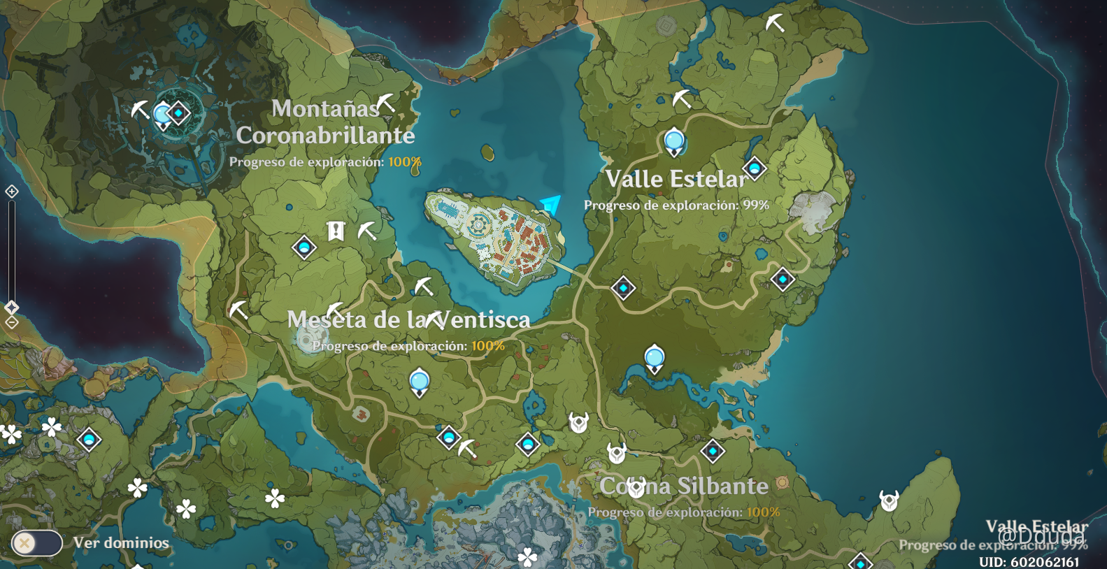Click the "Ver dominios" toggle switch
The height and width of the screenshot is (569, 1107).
coord(36,543)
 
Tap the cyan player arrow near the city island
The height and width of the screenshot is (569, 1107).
coord(551,204)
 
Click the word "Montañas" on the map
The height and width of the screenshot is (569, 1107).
coord(324,109)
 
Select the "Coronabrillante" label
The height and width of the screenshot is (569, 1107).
coord(325,136)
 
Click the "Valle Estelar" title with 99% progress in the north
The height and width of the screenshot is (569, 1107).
coord(676,180)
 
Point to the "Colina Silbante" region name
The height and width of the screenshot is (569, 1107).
coord(684,486)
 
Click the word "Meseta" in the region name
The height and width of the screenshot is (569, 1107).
coord(327,320)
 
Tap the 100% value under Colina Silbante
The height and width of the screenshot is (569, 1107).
coord(763,512)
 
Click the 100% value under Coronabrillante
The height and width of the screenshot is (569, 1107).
coord(405,162)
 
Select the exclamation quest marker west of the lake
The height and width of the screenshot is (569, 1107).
coord(336,230)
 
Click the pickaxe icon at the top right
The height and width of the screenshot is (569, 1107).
coord(774,22)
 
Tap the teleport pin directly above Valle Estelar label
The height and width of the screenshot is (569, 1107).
coord(674,142)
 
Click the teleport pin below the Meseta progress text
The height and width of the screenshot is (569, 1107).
coord(420,382)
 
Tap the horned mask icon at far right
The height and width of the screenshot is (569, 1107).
coord(890,500)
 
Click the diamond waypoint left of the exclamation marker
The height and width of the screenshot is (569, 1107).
coord(304,247)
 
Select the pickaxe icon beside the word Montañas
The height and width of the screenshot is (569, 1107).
coord(385,103)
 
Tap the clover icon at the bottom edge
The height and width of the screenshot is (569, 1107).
coord(527,557)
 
